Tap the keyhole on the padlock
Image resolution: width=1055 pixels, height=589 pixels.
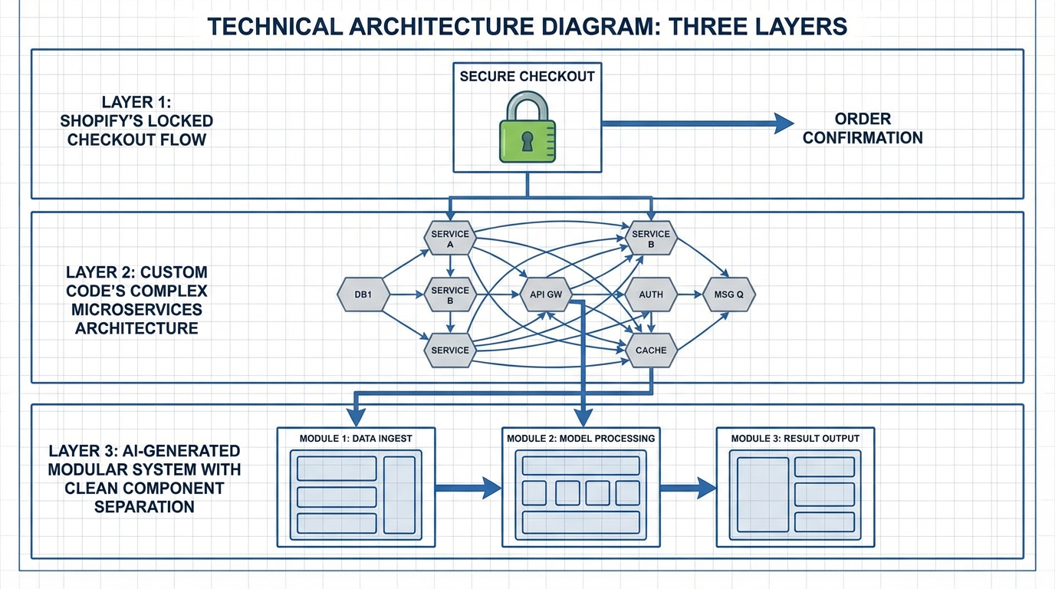[527, 141]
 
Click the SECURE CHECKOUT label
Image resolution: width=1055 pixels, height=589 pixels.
[527, 77]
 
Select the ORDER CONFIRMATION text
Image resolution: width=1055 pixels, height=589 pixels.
[863, 129]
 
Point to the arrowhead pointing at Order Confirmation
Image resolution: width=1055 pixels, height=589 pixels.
[784, 123]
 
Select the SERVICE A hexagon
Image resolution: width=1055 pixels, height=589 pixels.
[450, 239]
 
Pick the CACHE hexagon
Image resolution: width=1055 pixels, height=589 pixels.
[651, 350]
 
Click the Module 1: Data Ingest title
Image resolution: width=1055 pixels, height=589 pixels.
[356, 439]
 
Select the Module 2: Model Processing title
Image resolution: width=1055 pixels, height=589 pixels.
[580, 439]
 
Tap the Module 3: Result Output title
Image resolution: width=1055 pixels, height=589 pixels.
[795, 439]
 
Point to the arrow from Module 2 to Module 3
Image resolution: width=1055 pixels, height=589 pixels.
[687, 487]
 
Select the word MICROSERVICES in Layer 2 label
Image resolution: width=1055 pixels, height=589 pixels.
[136, 310]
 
